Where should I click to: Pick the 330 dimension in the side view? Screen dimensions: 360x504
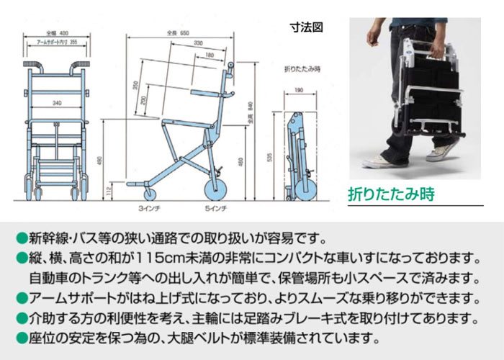[x=197, y=43]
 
